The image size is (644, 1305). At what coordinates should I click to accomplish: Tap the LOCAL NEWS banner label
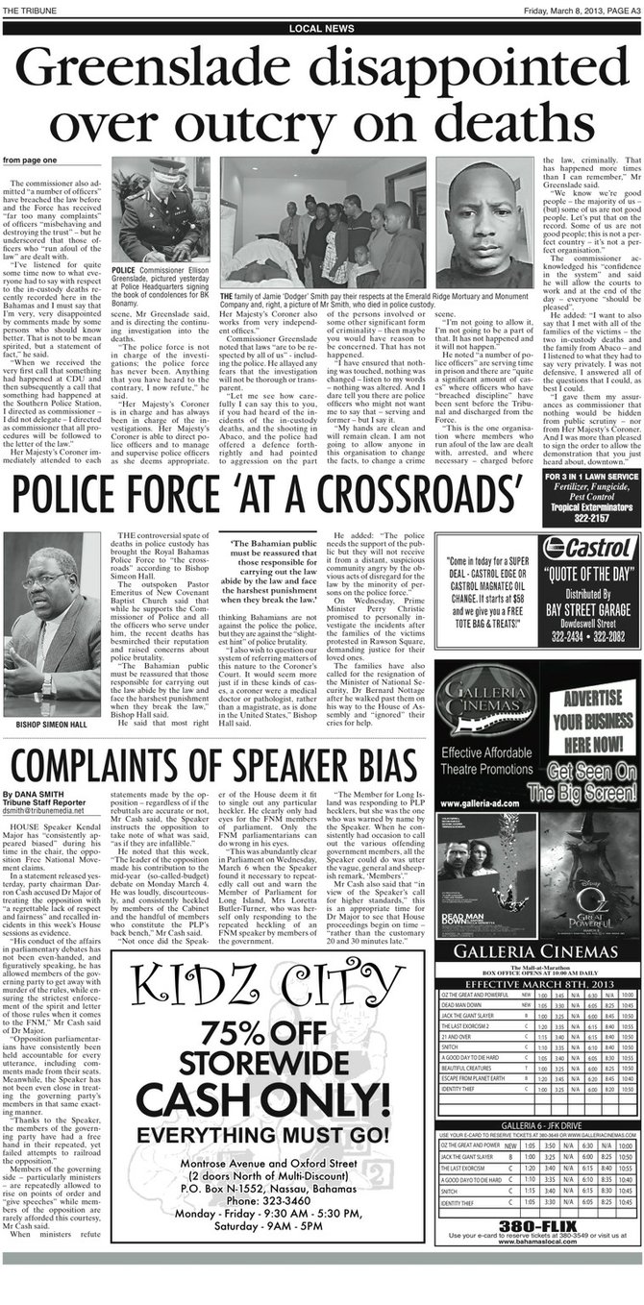tap(322, 30)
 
